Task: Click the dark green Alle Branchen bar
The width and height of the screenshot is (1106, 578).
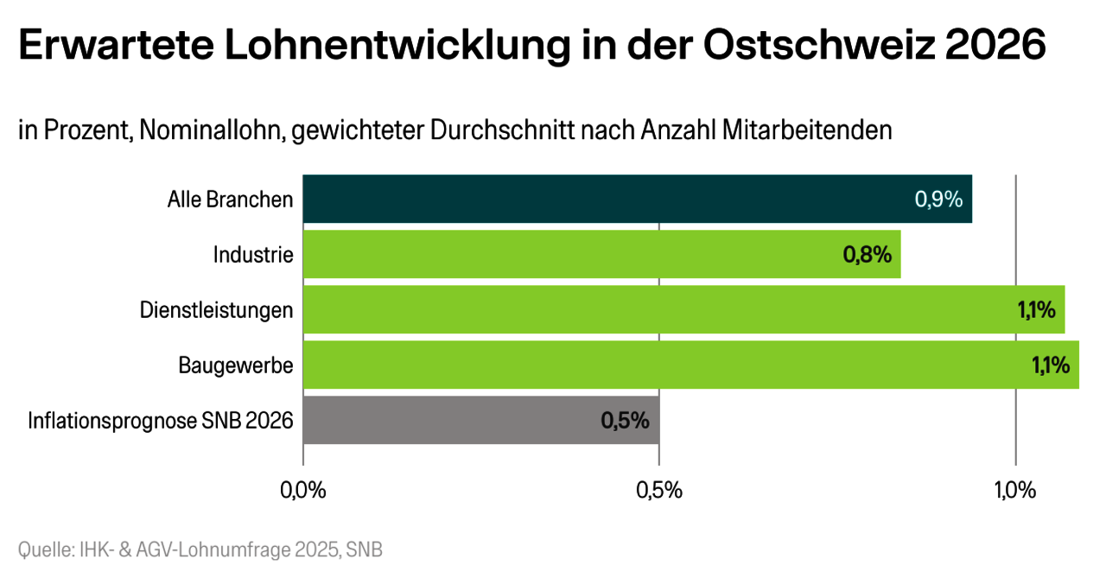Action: pyautogui.click(x=605, y=199)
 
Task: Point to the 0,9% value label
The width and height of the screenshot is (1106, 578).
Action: pyautogui.click(x=938, y=200)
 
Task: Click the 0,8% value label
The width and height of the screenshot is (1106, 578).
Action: pyautogui.click(x=867, y=255)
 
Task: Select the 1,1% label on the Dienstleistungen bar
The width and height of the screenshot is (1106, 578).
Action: pyautogui.click(x=1037, y=310)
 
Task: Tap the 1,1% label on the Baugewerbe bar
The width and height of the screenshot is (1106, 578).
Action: pyautogui.click(x=1051, y=365)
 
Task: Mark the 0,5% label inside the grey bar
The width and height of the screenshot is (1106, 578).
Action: pyautogui.click(x=625, y=421)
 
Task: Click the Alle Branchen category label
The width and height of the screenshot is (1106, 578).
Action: pyautogui.click(x=230, y=200)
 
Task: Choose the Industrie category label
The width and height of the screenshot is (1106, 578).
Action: pyautogui.click(x=253, y=255)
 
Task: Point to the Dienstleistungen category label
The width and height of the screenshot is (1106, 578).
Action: pyautogui.click(x=217, y=310)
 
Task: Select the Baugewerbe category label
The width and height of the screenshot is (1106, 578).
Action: pyautogui.click(x=236, y=365)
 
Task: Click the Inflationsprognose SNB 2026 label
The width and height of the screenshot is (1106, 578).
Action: pyautogui.click(x=161, y=421)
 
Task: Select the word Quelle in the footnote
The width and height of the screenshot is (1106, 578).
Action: pyautogui.click(x=42, y=549)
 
